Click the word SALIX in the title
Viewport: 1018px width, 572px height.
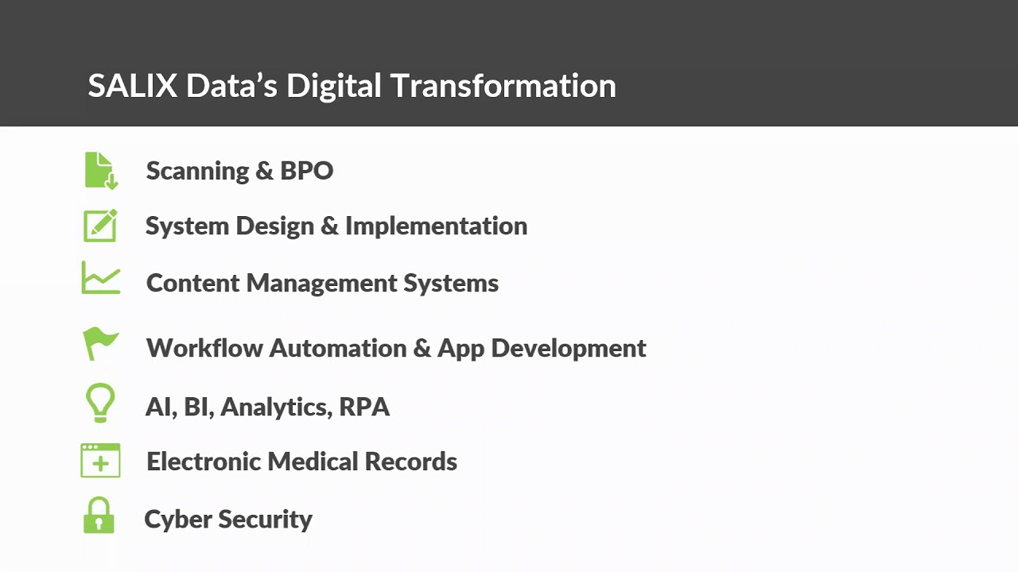[132, 86]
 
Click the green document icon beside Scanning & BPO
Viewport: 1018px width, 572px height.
[100, 170]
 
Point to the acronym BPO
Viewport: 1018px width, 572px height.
[306, 171]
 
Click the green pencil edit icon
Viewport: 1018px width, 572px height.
[100, 226]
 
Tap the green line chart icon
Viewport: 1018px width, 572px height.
[100, 278]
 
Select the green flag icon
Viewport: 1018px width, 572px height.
[100, 343]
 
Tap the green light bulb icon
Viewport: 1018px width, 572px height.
[100, 402]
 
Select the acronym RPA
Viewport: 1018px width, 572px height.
[364, 407]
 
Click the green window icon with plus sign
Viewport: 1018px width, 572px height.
[100, 461]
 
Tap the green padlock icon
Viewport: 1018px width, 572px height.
[99, 516]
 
